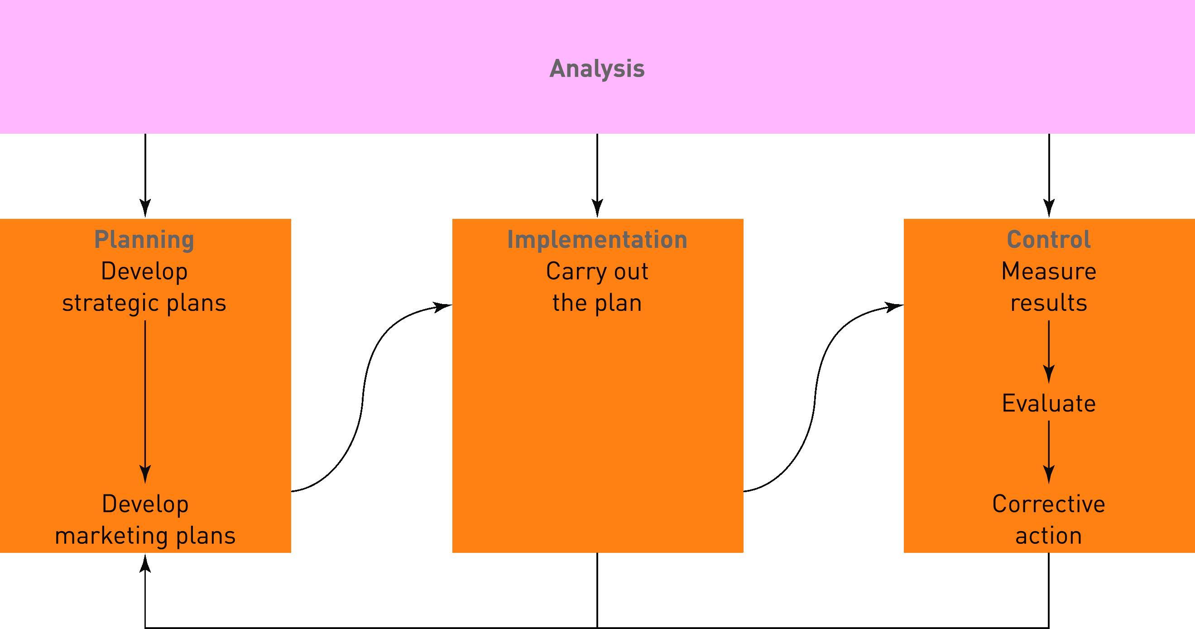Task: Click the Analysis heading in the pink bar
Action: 597,69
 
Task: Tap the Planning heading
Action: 144,240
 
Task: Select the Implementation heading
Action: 597,240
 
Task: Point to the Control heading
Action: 1048,240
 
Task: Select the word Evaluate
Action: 1048,403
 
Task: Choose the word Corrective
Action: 1048,504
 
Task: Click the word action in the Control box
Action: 1048,536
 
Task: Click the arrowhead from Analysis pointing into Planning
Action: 145,208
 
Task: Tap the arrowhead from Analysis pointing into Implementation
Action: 597,208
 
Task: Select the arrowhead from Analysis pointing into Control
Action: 1049,208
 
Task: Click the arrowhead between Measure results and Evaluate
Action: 1049,374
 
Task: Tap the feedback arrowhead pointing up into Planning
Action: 145,563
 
